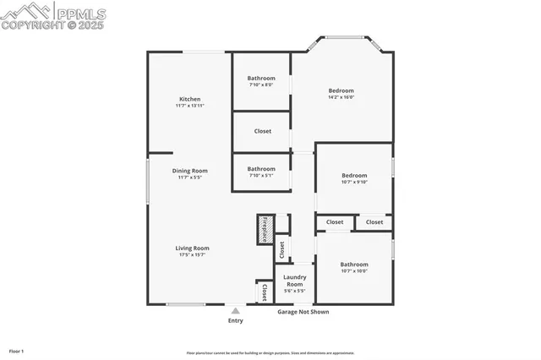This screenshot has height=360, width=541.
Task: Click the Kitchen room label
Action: (189, 99)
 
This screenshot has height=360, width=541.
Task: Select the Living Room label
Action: (192, 248)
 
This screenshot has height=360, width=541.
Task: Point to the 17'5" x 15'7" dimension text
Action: (192, 254)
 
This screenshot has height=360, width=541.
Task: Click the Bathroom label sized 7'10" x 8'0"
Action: (261, 78)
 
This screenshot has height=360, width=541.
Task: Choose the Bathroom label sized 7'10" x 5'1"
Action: (261, 168)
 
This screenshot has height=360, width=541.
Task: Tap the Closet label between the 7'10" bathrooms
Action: (262, 131)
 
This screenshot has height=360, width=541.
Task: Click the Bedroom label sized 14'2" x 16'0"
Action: (341, 90)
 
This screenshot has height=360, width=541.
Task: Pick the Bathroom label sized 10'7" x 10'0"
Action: (353, 265)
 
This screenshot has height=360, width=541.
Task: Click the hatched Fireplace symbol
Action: (264, 229)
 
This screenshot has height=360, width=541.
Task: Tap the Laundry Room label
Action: (294, 281)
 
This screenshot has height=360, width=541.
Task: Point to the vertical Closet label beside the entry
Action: (264, 292)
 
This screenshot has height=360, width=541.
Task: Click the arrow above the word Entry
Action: (235, 311)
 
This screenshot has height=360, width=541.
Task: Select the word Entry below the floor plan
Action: (235, 320)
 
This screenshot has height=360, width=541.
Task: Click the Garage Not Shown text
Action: (303, 312)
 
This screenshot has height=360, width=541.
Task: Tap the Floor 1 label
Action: (16, 351)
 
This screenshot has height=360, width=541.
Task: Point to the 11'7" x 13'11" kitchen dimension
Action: (189, 106)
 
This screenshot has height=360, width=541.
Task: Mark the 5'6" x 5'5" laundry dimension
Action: (294, 291)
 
